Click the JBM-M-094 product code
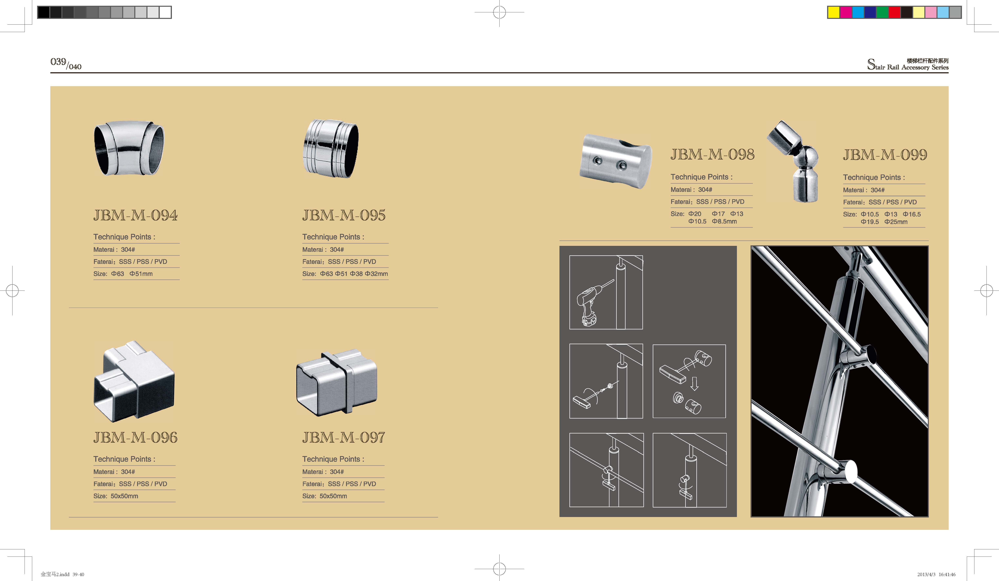click(136, 215)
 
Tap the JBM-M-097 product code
click(344, 437)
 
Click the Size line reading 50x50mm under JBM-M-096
click(116, 496)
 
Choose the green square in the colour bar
click(882, 12)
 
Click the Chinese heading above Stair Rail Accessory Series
click(928, 61)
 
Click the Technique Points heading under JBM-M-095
click(333, 237)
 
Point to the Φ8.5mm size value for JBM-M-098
click(724, 221)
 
